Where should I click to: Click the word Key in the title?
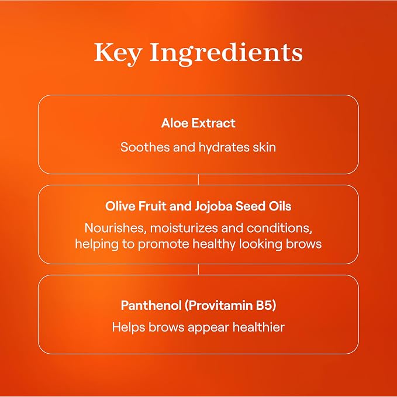click(x=118, y=53)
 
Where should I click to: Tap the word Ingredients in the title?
click(x=226, y=54)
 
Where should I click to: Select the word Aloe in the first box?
click(x=174, y=123)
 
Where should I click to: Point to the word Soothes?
click(x=145, y=147)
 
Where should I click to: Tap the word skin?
click(x=264, y=147)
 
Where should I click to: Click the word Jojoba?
click(x=213, y=206)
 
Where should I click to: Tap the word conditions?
click(x=279, y=228)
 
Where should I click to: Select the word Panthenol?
click(x=151, y=305)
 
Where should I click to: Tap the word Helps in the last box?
click(x=129, y=327)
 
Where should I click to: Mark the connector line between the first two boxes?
click(x=199, y=179)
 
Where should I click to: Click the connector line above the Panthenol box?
click(x=199, y=270)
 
